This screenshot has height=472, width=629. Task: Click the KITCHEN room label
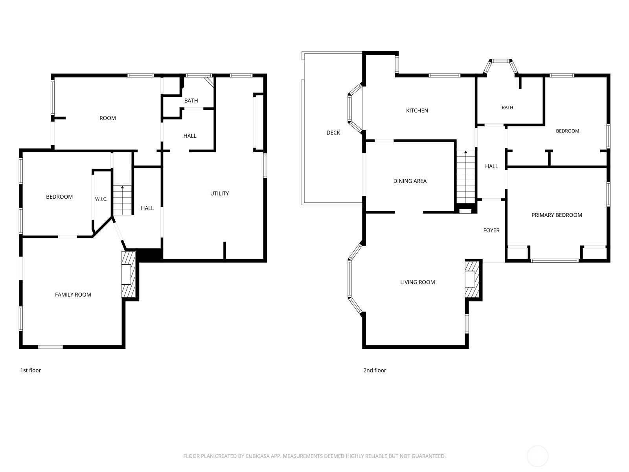(417, 111)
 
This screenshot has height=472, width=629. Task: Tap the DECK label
(333, 133)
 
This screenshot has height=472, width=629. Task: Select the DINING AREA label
(410, 181)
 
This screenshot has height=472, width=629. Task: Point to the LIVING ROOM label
(417, 282)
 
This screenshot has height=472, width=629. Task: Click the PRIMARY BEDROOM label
(557, 215)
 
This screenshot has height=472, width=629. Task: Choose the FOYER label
(491, 230)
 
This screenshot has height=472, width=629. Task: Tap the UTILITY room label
(219, 194)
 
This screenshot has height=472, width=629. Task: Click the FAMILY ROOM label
(73, 295)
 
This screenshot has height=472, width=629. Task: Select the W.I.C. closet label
(101, 199)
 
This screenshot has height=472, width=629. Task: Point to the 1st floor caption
(30, 370)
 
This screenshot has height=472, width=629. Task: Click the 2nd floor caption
(375, 370)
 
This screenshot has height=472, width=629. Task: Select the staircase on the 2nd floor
(466, 177)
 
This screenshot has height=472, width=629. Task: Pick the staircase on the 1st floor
(123, 200)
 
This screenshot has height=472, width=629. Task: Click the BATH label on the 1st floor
(191, 101)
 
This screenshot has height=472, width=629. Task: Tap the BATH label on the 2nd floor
(507, 107)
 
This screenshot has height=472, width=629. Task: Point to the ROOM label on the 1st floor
(108, 118)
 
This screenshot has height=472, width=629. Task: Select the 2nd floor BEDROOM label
(567, 131)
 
